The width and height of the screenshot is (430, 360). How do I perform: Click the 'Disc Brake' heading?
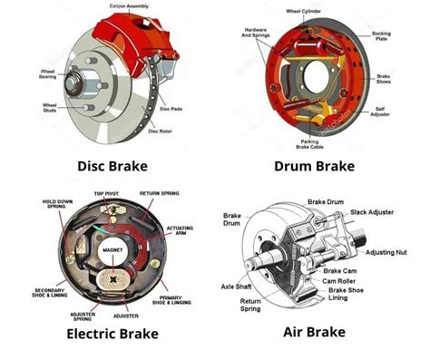pyautogui.click(x=107, y=167)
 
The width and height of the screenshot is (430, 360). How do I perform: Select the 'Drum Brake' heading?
pyautogui.click(x=313, y=167)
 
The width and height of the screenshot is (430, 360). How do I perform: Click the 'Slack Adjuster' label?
pyautogui.click(x=370, y=211)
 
